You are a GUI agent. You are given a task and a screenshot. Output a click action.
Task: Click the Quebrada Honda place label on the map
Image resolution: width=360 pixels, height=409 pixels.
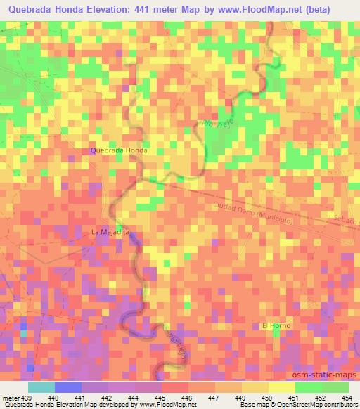pyautogui.click(x=119, y=151)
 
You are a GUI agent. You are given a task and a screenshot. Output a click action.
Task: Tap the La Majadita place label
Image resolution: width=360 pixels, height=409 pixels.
pyautogui.click(x=111, y=231)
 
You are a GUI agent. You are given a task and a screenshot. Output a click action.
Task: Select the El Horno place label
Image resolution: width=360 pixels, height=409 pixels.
pyautogui.click(x=276, y=326)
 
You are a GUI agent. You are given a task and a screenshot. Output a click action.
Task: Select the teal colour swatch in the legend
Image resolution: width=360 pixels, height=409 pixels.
pyautogui.click(x=41, y=387)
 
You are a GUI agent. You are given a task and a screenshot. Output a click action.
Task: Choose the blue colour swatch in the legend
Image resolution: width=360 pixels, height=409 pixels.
pyautogui.click(x=67, y=387)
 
